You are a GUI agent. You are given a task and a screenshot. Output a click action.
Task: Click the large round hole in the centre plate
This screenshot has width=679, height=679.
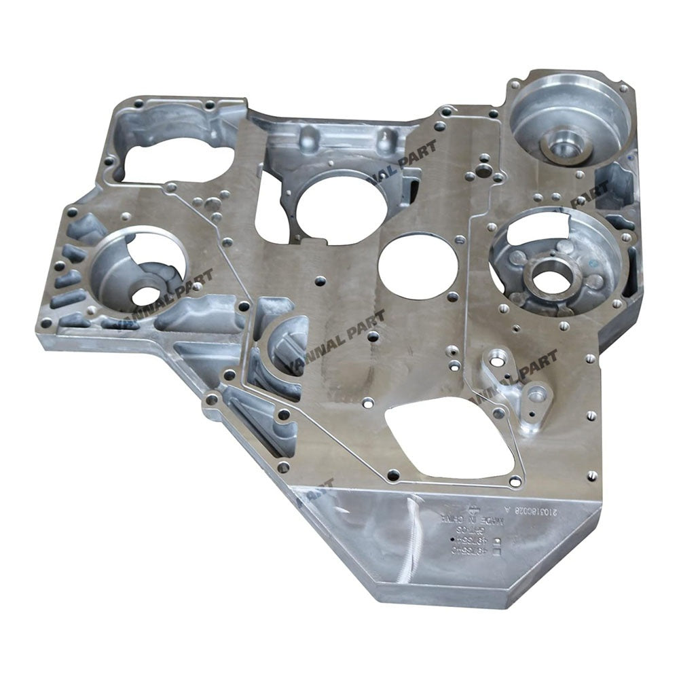coord(418,265)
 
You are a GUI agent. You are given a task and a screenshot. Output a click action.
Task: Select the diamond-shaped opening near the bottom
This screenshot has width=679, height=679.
coord(449,436)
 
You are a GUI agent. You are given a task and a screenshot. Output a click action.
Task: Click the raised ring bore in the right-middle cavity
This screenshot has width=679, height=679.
coord(551,278)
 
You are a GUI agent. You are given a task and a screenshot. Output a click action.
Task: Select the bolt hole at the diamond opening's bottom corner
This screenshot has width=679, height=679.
coord(515,481)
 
